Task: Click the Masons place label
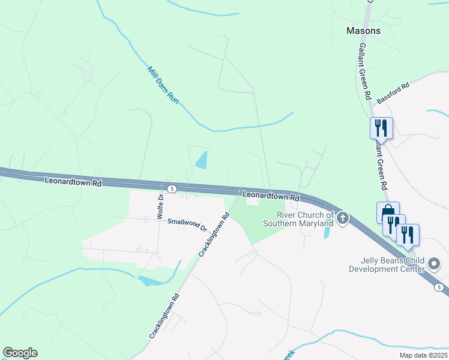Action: (x=363, y=31)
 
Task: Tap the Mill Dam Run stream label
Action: (x=163, y=86)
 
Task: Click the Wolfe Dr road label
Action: (x=161, y=206)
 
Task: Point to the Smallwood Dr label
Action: (x=187, y=225)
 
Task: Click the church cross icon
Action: (x=343, y=218)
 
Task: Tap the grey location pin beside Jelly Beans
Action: (x=435, y=263)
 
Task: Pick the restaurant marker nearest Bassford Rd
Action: (x=381, y=127)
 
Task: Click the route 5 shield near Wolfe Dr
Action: (x=172, y=189)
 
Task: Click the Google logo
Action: (x=20, y=353)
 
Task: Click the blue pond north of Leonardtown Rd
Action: (x=202, y=160)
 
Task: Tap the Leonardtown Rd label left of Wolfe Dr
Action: (x=73, y=181)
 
